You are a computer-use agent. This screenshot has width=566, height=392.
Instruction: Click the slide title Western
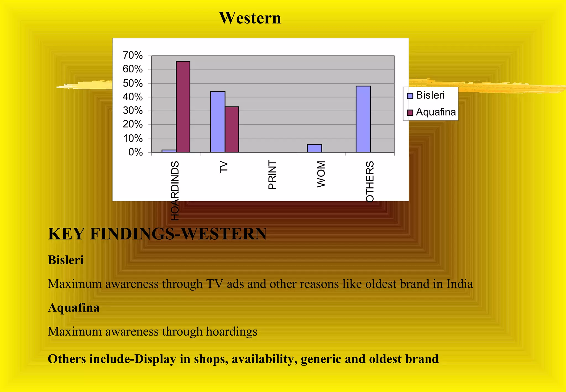(x=250, y=18)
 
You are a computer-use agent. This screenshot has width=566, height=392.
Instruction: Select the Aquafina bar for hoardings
(x=183, y=107)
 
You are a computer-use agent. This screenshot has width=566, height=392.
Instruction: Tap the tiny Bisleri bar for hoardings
(x=169, y=151)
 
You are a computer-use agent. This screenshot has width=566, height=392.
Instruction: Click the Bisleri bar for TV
(x=218, y=122)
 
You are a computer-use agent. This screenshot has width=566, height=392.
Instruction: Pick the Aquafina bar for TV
(x=232, y=129)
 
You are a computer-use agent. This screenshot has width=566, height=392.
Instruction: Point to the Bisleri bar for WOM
(x=314, y=148)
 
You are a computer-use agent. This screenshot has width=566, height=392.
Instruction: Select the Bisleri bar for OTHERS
(x=363, y=119)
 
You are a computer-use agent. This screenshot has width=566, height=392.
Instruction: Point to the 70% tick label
(x=133, y=56)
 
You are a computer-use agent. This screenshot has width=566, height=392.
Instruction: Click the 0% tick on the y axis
(x=135, y=152)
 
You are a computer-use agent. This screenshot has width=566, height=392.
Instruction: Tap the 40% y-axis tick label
(x=133, y=97)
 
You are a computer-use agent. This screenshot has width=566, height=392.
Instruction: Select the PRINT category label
(x=272, y=175)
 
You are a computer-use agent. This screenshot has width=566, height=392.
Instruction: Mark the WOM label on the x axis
(x=321, y=174)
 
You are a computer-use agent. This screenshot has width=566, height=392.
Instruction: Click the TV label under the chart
(x=224, y=167)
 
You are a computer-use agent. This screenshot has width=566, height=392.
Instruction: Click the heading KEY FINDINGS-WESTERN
(x=157, y=234)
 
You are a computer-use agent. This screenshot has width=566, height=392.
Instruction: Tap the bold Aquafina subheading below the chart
(x=74, y=308)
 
